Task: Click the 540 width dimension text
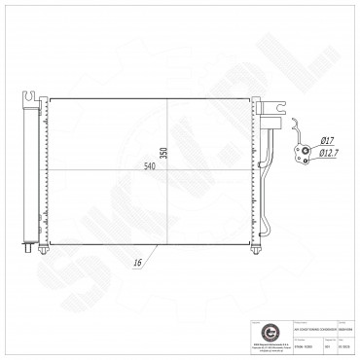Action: tap(151, 165)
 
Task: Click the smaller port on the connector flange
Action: tap(312, 152)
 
